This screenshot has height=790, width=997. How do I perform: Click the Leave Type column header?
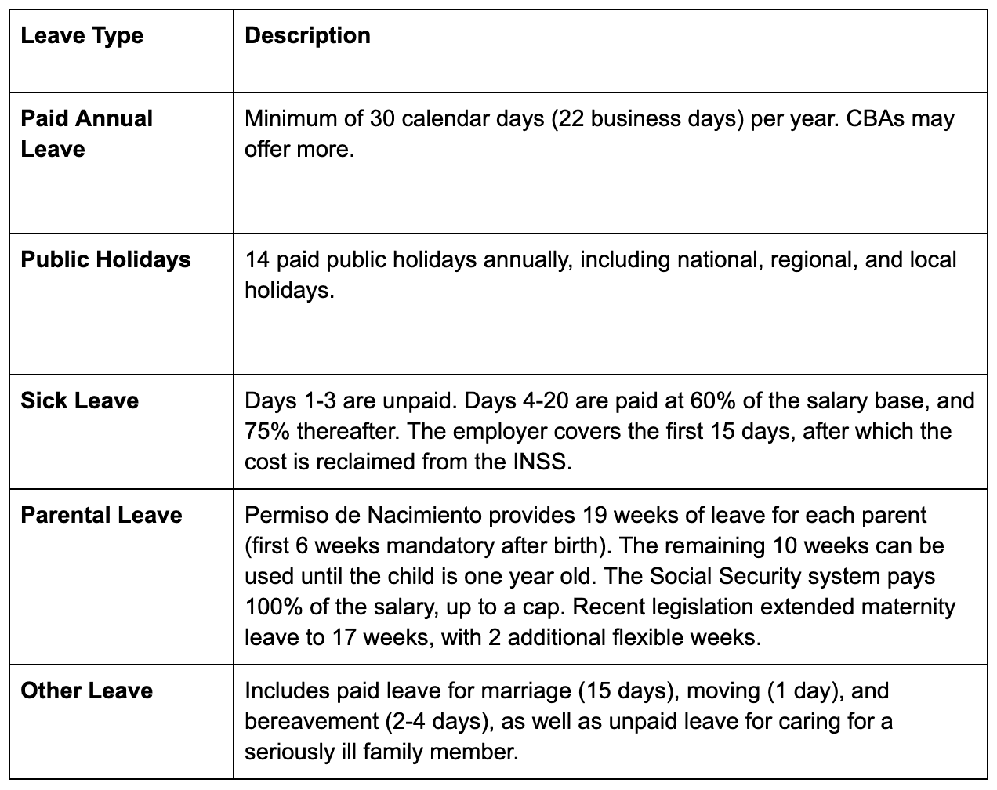click(x=82, y=36)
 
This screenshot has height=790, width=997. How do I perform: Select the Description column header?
click(x=307, y=36)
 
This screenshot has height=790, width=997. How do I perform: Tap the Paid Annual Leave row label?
click(x=86, y=134)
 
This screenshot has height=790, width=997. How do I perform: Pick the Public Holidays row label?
click(x=106, y=259)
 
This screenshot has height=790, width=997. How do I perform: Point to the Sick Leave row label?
click(x=79, y=400)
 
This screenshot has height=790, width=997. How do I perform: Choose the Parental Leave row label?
click(x=101, y=515)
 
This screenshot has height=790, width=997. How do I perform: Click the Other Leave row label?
click(x=86, y=690)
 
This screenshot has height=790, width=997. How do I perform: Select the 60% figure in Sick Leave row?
click(x=709, y=400)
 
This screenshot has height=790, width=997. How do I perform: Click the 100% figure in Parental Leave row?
click(x=268, y=607)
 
